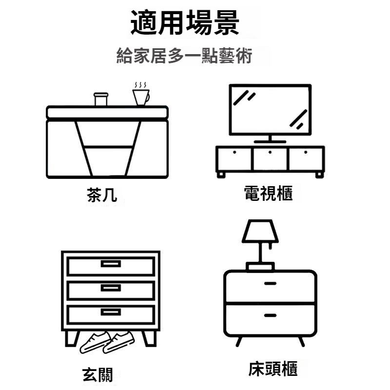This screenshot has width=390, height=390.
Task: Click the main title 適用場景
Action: coord(185,23)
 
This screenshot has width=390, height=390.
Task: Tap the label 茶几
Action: coord(102,195)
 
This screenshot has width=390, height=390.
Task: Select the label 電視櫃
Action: coord(269,194)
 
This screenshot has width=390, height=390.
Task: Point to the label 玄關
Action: coord(97,375)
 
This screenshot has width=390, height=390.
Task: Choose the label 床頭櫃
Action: coord(273,369)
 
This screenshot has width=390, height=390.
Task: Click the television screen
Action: coord(270,109)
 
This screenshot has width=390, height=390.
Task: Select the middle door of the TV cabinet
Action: coord(270,158)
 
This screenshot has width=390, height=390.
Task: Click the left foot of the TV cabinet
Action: coord(221,174)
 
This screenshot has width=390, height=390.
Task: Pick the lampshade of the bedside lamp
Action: coord(260,232)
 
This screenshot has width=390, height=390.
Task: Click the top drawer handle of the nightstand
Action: coord(270,283)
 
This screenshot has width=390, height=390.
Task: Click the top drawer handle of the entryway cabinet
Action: coord(111,264)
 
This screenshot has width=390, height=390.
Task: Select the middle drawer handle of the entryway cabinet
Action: coord(111,288)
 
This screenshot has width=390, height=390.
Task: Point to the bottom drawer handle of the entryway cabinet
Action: coord(111,312)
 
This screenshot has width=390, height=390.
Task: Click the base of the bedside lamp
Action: coord(260,267)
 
